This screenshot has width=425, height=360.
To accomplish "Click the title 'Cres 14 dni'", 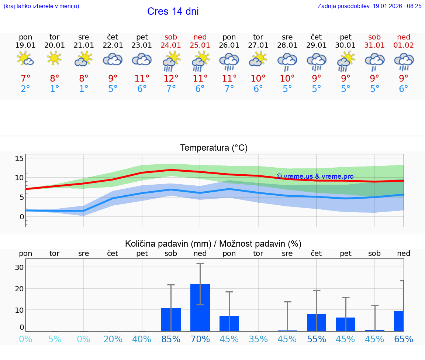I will tap(173, 11).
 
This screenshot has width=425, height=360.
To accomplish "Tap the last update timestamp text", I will tap(369, 6).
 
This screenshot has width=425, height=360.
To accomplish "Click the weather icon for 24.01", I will tap(171, 61).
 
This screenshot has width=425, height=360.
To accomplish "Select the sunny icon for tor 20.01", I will tap(55, 58).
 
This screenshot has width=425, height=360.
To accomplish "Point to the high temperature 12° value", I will tap(171, 78).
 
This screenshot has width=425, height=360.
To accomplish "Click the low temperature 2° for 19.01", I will tap(25, 89).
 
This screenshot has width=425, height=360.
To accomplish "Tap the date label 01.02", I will tap(404, 45).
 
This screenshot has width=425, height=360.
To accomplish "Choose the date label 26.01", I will tap(229, 45).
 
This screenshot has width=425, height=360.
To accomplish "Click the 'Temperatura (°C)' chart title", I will tap(214, 148).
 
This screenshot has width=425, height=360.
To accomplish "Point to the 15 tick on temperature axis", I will tap(19, 158).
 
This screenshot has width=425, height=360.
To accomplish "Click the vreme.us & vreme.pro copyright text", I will tap(315, 176).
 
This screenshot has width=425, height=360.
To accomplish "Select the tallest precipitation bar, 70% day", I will tap(200, 307).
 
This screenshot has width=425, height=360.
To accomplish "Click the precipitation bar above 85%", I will tap(171, 319).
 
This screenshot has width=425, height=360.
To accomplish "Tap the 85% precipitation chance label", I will tap(171, 339).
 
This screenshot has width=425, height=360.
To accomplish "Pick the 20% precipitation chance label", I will tap(113, 339).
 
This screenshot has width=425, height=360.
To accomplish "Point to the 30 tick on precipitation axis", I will tap(19, 267).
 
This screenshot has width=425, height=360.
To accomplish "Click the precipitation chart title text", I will tap(213, 244).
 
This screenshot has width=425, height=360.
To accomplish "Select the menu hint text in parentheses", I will tap(41, 6).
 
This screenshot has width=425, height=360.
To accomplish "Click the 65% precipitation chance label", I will tap(403, 339).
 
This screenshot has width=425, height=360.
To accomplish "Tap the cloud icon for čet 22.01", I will tap(113, 59).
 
